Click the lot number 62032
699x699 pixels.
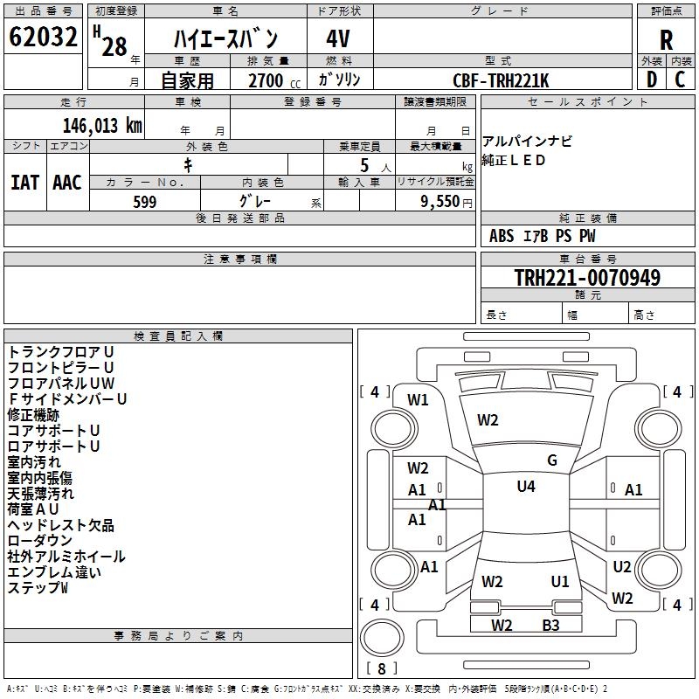(43, 38)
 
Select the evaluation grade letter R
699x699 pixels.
(666, 40)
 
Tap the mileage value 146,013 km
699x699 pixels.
(103, 125)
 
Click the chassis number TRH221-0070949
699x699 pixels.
(586, 278)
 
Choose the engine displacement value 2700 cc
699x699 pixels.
(266, 80)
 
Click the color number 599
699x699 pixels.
(144, 202)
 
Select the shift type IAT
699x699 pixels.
(25, 182)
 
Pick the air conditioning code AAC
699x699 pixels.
(67, 182)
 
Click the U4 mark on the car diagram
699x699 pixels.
(526, 487)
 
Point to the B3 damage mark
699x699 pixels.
(550, 625)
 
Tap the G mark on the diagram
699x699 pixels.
(552, 460)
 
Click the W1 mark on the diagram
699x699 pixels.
(419, 400)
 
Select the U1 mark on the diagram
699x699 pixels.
(560, 581)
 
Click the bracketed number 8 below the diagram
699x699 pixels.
(381, 668)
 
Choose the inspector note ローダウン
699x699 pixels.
(43, 541)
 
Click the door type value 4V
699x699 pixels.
(338, 38)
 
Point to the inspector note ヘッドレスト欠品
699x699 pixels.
(60, 525)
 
